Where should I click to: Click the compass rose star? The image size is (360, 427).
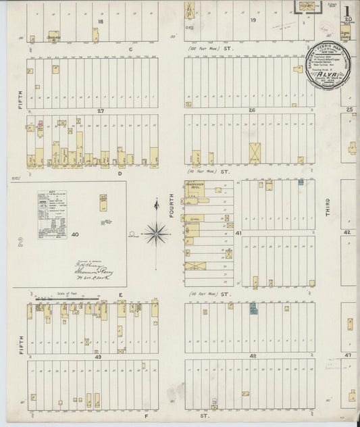click(x=156, y=233)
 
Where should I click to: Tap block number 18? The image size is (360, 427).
click(x=100, y=22)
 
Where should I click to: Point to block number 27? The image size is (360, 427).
click(x=100, y=109)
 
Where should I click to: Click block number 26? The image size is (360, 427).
click(x=251, y=109)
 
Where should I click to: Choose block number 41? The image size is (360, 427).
click(x=239, y=232)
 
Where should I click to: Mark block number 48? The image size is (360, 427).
click(x=253, y=355)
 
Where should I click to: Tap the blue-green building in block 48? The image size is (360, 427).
click(x=254, y=309)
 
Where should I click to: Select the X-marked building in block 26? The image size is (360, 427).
click(x=255, y=151)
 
